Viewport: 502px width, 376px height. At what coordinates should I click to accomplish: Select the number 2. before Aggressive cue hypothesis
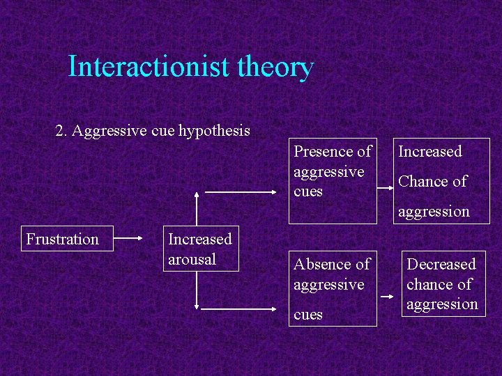[x=61, y=130]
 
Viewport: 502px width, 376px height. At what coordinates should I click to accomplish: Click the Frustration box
[x=62, y=240]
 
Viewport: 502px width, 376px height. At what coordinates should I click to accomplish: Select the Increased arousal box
[x=200, y=249]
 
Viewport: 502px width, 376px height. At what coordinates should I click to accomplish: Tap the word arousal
[x=192, y=259]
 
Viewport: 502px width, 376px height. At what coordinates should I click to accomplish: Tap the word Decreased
[x=441, y=265]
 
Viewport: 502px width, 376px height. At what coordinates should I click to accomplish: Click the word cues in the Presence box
[x=308, y=191]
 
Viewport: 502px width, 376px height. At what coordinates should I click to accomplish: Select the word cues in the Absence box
[x=308, y=315]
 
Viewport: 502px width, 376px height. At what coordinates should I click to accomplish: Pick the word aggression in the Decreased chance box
[x=442, y=304]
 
